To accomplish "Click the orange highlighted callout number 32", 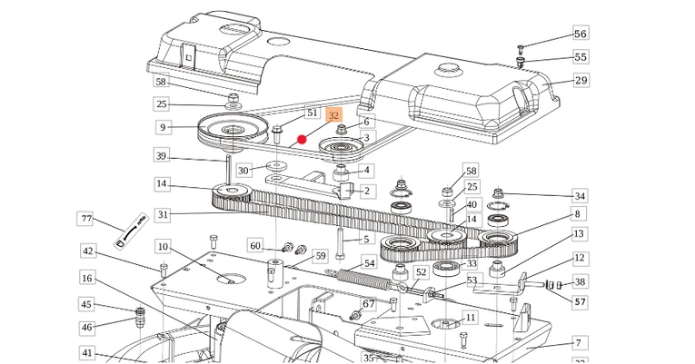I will click(333, 116).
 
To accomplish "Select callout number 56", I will click(581, 34).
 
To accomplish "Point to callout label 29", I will click(581, 81).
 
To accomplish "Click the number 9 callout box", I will click(163, 128).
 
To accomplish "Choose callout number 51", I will click(312, 113).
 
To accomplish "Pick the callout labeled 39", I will click(161, 156).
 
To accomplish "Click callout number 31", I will click(163, 215).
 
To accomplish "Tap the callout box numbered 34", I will click(580, 196).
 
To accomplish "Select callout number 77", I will click(87, 219).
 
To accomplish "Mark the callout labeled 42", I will click(88, 251).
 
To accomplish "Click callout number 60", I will click(255, 246).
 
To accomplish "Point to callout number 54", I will click(369, 263).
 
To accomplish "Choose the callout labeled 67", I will click(369, 303).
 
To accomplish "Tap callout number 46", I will click(87, 327).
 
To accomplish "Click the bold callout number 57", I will click(580, 301).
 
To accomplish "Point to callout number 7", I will click(577, 343).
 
